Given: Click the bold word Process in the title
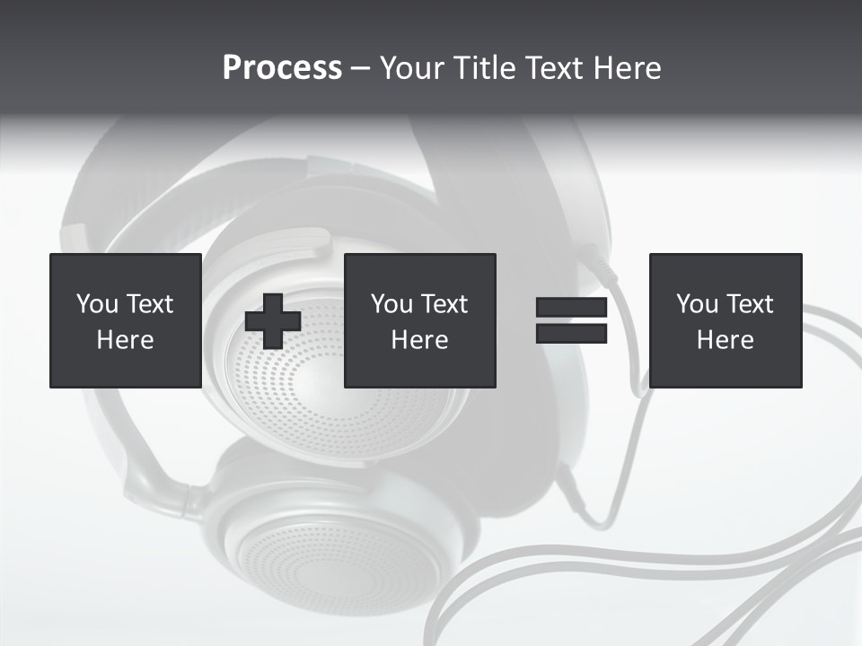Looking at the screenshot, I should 282,68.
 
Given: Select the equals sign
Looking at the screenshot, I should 571,321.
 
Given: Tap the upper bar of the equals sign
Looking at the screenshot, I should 571,308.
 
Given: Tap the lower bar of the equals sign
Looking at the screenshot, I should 571,334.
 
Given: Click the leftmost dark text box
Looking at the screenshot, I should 125,320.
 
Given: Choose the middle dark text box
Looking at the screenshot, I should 419,320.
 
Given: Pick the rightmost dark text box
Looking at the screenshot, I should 725,320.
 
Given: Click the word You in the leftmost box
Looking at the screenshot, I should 97,304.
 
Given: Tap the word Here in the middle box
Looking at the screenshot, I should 419,340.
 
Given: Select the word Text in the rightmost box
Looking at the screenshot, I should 750,304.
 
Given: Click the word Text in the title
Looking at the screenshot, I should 552,68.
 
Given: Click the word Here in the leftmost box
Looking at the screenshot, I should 125,340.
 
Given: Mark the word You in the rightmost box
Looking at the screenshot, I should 697,304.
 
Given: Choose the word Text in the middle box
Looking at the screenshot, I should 444,304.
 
